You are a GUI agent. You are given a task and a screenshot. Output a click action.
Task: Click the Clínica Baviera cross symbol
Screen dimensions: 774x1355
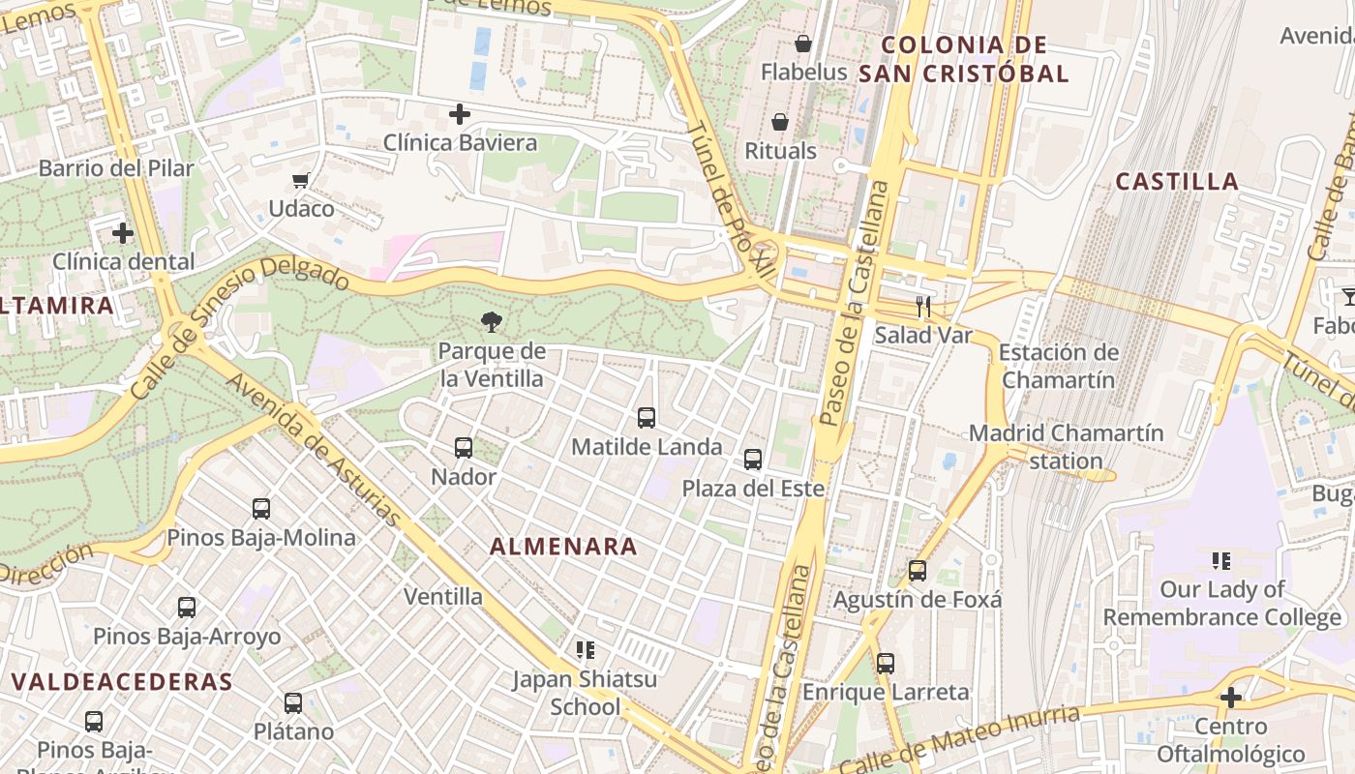(x=460, y=114)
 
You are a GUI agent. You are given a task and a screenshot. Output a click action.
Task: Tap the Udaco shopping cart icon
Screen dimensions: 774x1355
(x=301, y=180)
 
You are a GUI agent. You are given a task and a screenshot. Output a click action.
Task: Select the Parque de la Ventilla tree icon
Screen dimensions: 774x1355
(x=492, y=322)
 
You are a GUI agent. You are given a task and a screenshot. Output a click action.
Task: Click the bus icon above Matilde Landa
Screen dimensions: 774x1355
(x=647, y=418)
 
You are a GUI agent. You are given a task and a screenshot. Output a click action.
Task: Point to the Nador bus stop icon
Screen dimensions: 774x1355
(x=464, y=448)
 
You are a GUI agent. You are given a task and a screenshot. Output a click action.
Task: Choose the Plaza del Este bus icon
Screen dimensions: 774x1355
(x=753, y=460)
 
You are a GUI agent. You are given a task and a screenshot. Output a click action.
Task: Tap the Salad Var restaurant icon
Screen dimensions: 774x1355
(x=923, y=307)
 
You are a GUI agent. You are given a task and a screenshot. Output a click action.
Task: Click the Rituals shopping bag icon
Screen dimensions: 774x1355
(x=780, y=122)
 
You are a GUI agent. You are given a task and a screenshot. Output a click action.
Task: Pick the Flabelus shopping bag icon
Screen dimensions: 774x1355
(x=803, y=44)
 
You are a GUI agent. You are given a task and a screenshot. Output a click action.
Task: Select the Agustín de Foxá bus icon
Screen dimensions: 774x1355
(x=918, y=571)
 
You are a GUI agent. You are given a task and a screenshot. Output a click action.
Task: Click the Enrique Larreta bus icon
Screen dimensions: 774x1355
(x=886, y=664)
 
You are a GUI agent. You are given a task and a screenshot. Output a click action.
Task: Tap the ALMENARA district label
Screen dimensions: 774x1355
(x=563, y=547)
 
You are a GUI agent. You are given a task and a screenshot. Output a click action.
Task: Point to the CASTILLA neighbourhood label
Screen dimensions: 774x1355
(x=1177, y=182)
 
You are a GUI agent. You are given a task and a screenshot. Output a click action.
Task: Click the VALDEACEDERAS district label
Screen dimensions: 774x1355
(x=122, y=681)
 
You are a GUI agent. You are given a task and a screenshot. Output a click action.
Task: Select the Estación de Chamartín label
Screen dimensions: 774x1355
(x=1059, y=366)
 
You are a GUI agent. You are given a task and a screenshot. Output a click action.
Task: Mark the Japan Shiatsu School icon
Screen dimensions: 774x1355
(x=585, y=650)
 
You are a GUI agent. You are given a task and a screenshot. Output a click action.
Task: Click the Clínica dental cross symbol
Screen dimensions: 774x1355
(x=123, y=233)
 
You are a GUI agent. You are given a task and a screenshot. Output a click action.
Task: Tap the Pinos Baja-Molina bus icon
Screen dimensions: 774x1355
(x=261, y=509)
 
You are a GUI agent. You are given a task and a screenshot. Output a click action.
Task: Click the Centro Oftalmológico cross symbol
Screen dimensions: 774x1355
(x=1231, y=698)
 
